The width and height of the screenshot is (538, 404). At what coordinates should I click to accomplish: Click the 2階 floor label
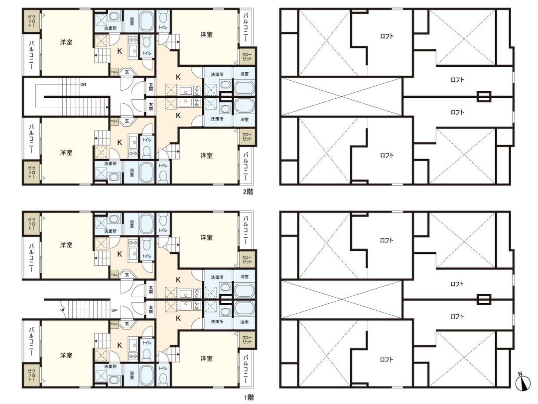pos(248,191)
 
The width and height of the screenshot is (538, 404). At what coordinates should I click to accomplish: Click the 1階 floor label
pos(248,397)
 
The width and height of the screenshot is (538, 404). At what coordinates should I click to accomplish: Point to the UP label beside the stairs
pos(114,310)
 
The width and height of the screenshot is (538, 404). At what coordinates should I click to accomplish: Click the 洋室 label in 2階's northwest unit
pos(66,42)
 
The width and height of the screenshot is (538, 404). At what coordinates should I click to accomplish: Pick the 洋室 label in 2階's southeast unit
pos(207,156)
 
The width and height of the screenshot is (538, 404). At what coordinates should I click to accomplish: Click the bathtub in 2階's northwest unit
pos(146,21)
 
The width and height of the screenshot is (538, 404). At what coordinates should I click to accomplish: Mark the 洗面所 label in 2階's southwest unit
pos(110,163)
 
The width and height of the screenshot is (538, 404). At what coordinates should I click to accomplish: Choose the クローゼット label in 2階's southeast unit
pos(247,136)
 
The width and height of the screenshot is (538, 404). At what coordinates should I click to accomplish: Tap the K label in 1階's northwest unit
pos(120,253)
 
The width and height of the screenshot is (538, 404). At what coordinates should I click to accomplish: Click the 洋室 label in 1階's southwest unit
pos(66,356)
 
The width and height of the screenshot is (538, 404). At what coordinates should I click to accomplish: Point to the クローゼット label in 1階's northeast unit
pos(247,259)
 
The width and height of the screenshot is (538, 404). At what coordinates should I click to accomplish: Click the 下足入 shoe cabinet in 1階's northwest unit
pos(114,274)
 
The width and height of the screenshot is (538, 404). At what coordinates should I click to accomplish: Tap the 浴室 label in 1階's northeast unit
pos(244,277)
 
